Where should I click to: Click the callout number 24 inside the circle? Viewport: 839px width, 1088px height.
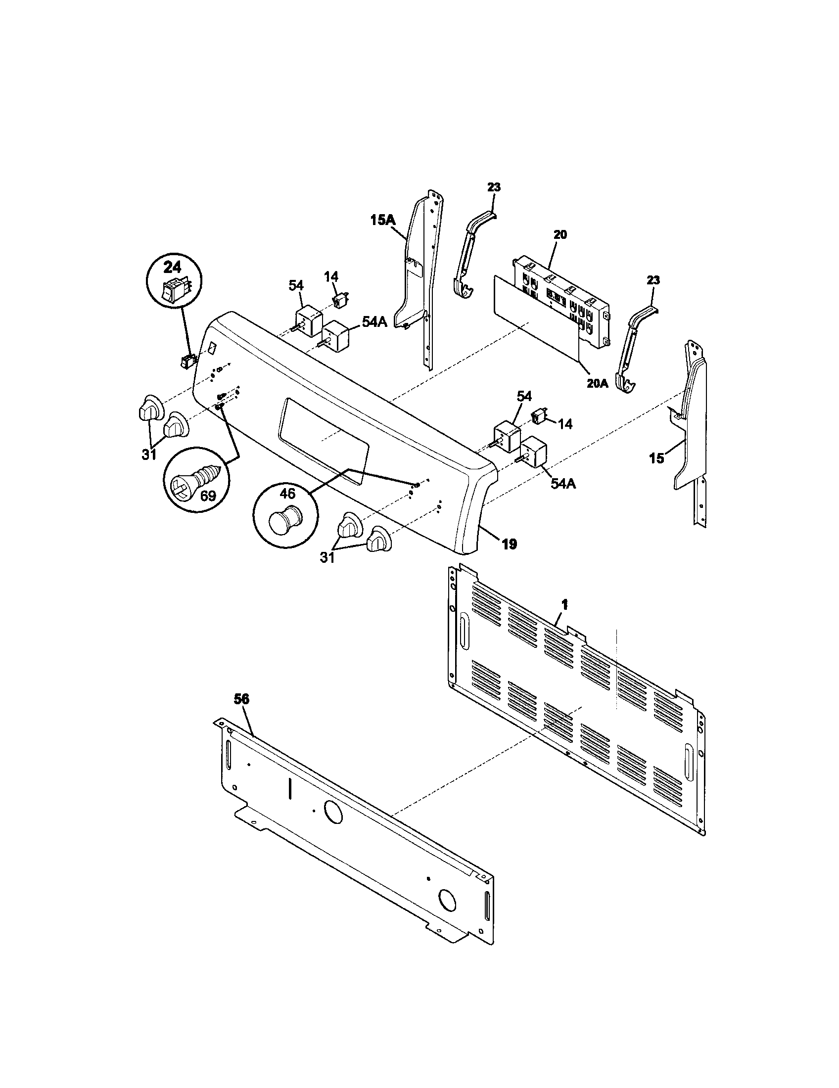(173, 267)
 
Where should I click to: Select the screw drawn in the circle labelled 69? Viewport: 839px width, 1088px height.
(194, 482)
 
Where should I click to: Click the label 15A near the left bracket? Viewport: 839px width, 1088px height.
(382, 220)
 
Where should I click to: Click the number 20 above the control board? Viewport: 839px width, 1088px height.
(560, 234)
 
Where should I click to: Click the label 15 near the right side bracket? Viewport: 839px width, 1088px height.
(656, 458)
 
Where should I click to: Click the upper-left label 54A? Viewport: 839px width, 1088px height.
(373, 322)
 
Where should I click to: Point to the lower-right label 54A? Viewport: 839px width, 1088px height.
(563, 483)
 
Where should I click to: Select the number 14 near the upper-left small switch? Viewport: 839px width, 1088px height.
(330, 276)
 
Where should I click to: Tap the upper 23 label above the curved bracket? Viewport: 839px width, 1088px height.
(494, 188)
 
